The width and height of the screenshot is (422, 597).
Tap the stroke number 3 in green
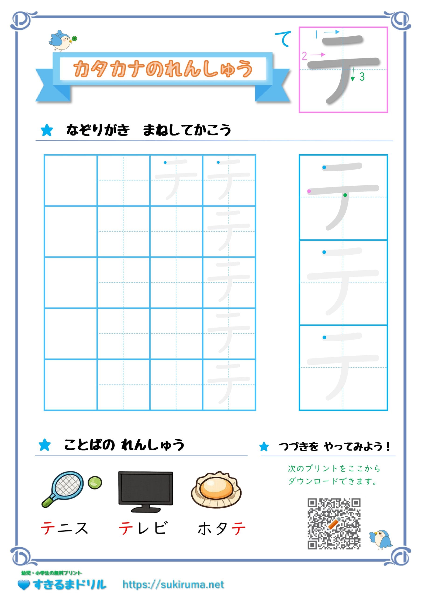click(362, 77)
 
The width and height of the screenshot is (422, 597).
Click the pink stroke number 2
click(304, 56)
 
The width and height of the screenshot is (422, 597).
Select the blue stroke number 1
click(316, 34)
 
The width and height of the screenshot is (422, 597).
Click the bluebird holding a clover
click(63, 41)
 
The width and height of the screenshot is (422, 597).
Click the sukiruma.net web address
click(173, 585)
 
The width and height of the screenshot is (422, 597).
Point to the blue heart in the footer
click(24, 585)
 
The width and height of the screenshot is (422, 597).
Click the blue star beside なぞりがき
click(47, 130)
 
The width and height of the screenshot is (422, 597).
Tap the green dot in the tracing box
click(345, 195)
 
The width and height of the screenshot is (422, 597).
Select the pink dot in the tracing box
click(309, 191)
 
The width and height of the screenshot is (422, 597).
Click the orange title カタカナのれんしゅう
click(163, 69)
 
